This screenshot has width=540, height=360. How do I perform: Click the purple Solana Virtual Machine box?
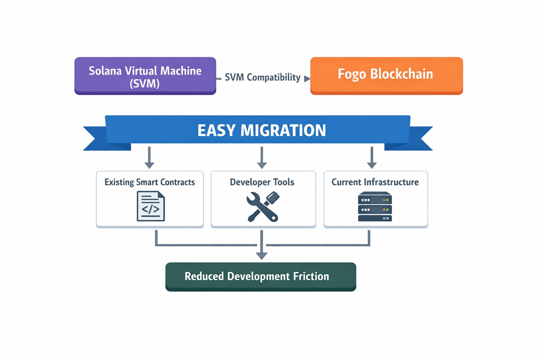tap(145, 76)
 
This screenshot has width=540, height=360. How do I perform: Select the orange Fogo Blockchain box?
tap(386, 76)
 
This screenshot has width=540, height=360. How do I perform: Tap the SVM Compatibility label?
tap(263, 77)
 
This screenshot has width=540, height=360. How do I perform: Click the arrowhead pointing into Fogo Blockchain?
tap(307, 79)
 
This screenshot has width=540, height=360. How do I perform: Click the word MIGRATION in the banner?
tap(283, 130)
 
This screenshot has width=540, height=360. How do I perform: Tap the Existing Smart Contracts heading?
tap(149, 182)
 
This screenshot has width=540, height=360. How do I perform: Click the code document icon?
tap(150, 206)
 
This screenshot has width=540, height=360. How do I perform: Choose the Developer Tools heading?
tap(262, 182)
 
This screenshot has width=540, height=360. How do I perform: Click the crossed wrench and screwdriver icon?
tap(263, 207)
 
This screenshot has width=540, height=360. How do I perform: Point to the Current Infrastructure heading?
tap(375, 182)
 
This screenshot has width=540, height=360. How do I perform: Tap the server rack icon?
tap(375, 207)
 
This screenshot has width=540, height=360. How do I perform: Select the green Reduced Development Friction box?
tap(261, 277)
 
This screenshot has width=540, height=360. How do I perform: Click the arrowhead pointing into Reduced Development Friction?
tap(262, 256)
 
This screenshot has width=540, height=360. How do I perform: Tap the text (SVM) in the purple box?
tap(144, 84)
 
